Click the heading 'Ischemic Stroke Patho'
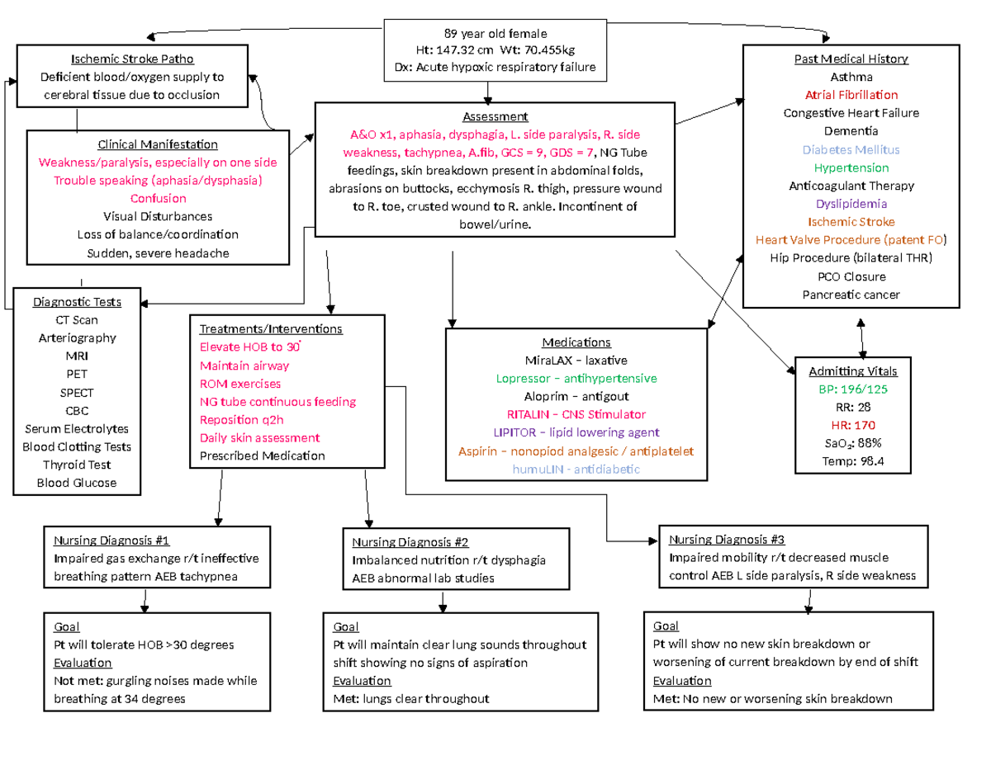point(131,59)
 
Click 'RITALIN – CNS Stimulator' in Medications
point(577,414)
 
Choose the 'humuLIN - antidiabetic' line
point(577,469)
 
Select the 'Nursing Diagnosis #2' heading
point(410,542)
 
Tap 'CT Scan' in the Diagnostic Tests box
point(77,319)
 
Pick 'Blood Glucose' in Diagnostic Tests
point(77,483)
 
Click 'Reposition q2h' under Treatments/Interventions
point(239,419)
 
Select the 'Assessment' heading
point(494,116)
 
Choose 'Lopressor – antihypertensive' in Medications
point(576,378)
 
